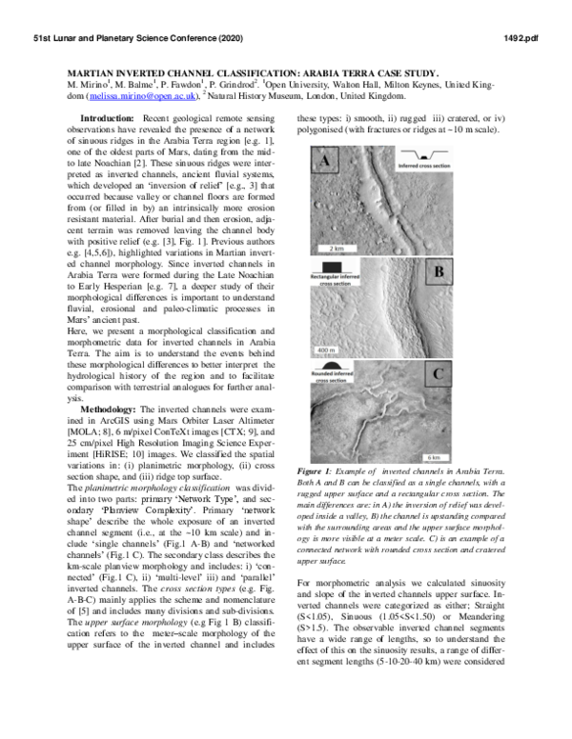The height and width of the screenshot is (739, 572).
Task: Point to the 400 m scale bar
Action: pos(320,350)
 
